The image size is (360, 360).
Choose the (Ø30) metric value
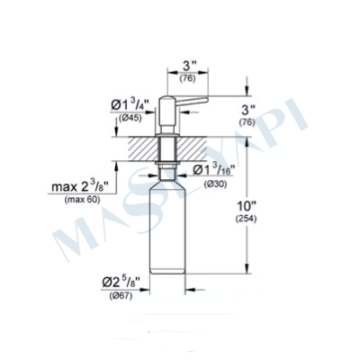(216, 184)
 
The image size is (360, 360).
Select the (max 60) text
(82, 200)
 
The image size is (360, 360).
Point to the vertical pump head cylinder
(168, 112)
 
